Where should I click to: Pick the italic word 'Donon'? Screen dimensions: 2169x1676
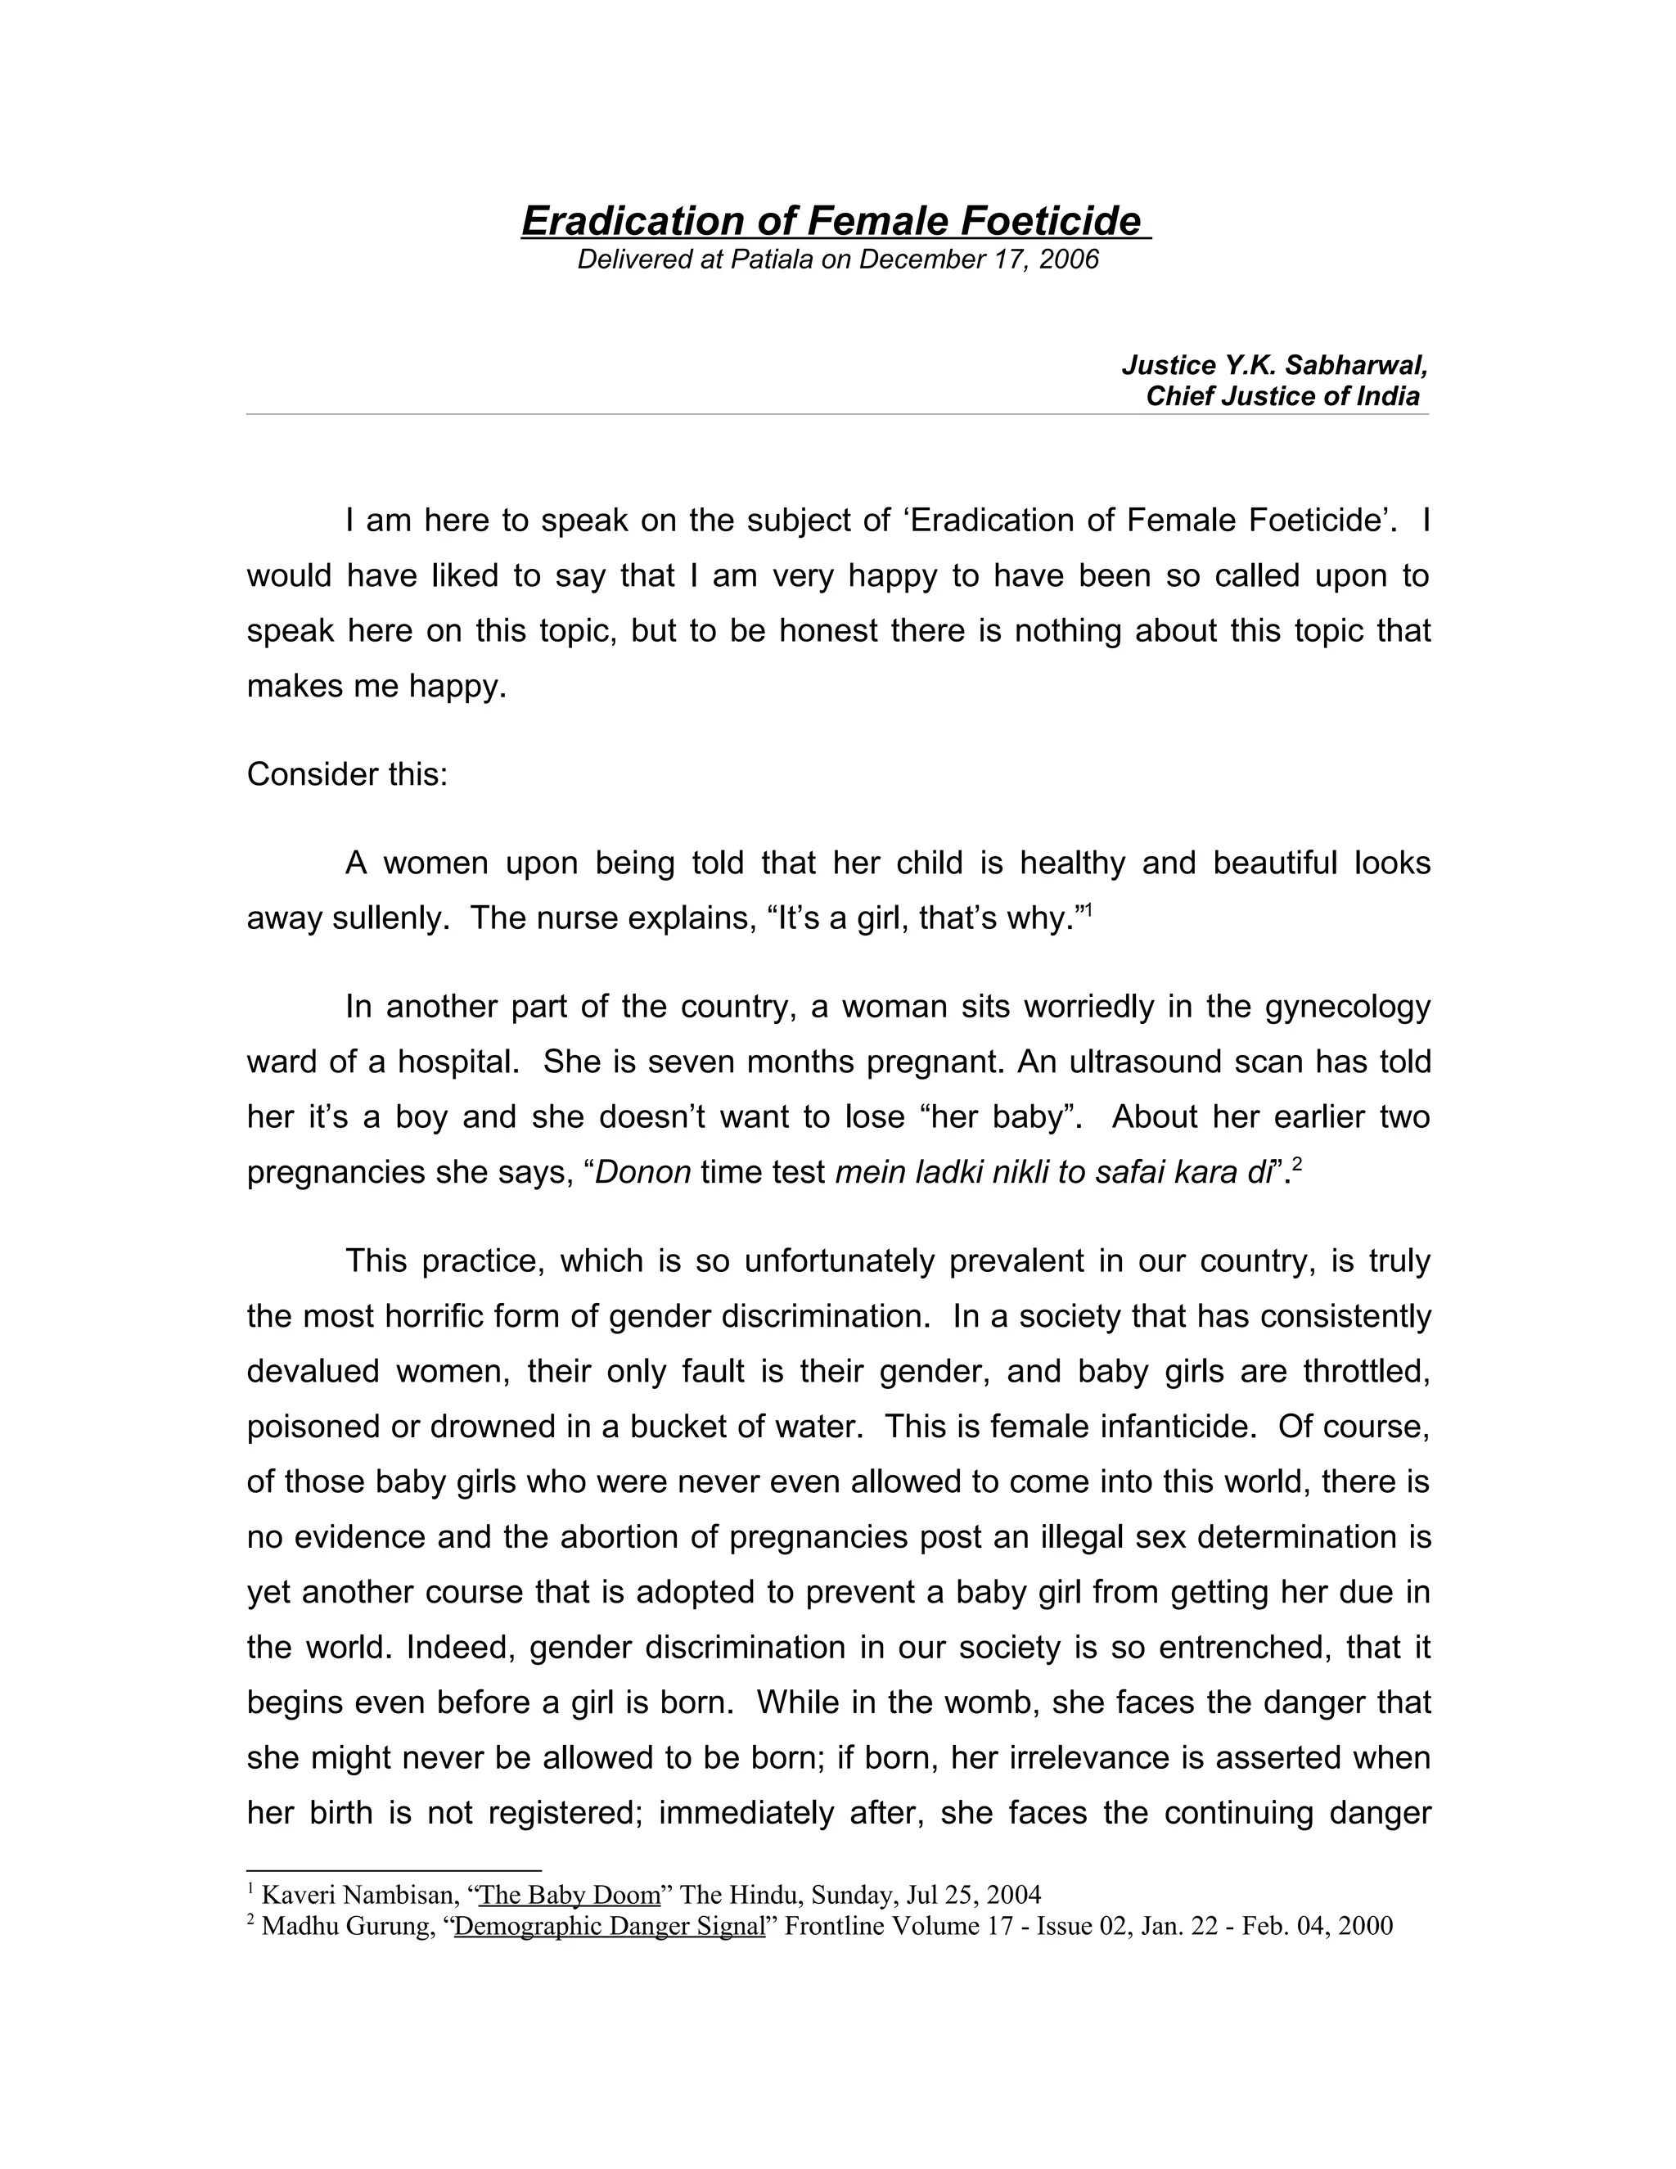(x=642, y=1172)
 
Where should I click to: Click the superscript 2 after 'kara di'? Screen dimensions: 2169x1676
(x=1297, y=1165)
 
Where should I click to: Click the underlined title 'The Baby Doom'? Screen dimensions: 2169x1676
(x=570, y=1894)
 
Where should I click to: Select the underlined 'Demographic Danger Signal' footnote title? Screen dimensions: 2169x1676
(x=610, y=1926)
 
